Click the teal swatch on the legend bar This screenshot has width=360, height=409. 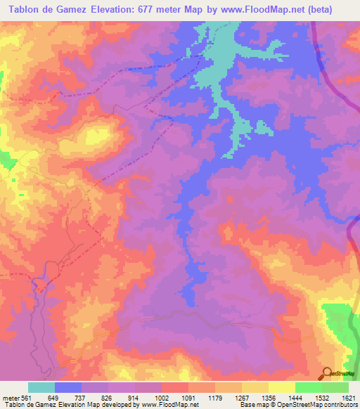(41, 387)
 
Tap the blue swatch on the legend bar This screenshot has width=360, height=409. (68, 387)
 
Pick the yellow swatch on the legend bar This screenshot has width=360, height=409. (281, 387)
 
